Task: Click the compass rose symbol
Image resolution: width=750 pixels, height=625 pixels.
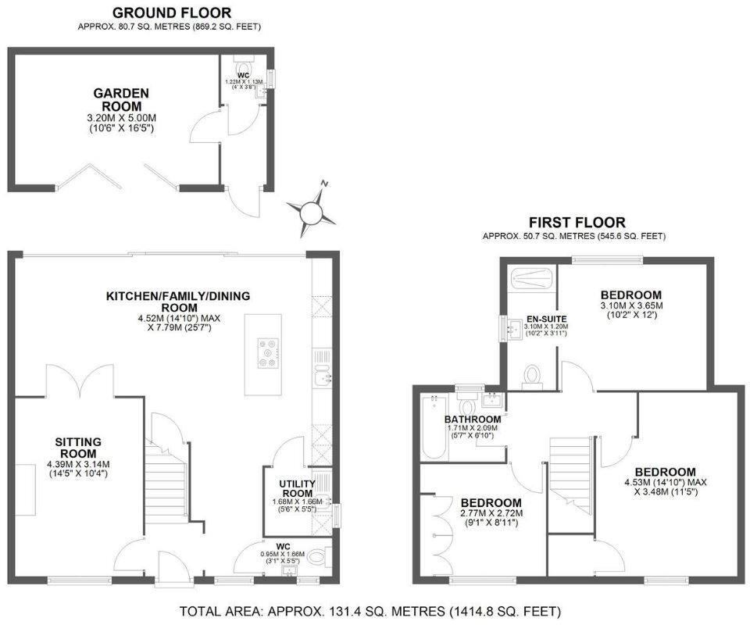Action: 311,209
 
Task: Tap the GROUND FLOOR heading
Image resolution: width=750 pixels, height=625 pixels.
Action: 172,12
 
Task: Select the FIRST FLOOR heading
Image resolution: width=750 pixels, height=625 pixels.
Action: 577,223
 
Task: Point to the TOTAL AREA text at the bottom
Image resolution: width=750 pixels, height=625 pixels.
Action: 370,611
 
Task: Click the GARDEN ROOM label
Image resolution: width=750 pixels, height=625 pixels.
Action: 121,99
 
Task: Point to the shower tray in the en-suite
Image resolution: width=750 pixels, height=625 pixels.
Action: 530,278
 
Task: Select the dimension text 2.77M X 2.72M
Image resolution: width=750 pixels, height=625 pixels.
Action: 491,513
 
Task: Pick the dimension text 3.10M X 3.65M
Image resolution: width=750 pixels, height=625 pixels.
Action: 631,306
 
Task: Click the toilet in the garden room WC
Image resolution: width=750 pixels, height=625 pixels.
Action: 241,66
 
